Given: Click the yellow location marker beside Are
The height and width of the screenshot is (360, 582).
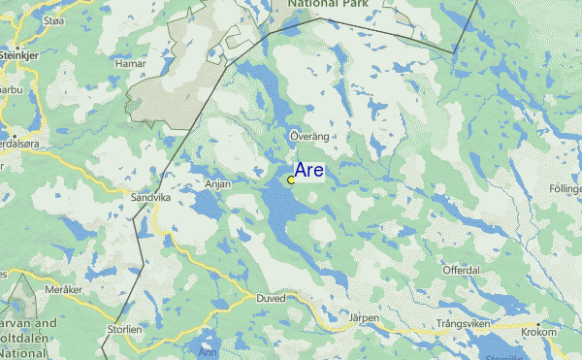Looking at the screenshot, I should [x=291, y=180].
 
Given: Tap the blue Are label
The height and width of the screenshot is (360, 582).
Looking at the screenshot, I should [x=309, y=171].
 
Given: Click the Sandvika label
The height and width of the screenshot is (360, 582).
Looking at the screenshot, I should [x=149, y=197].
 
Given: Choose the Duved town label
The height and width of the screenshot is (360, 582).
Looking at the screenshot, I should [x=271, y=300].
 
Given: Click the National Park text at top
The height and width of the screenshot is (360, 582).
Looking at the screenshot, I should [x=325, y=6].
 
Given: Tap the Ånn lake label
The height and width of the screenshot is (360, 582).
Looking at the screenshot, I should [x=208, y=351].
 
